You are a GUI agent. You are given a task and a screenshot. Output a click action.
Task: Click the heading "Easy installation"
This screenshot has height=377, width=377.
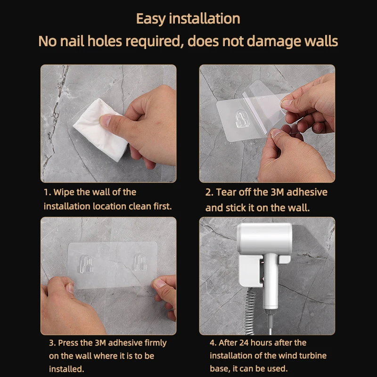coord(188,19)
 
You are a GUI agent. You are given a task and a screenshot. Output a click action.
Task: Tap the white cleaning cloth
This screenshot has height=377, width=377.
coord(100,130)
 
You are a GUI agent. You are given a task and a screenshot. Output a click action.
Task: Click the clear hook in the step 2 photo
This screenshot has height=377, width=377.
coord(241,118)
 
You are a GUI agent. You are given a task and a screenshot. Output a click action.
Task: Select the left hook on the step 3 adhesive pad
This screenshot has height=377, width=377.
coord(86,264)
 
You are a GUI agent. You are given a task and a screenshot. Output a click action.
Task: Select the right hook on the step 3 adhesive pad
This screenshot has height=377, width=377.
coord(140,262)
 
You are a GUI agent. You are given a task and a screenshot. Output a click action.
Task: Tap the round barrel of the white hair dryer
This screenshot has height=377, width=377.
coord(264,238)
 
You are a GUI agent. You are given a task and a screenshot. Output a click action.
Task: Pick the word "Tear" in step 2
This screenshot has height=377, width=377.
coord(227,192)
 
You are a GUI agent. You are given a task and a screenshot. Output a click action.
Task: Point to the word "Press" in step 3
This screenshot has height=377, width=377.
coord(68,343)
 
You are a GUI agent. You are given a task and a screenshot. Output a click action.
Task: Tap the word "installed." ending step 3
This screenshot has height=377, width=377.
coord(66,369)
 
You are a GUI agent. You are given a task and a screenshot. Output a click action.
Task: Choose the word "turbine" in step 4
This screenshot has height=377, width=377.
coord(312,356)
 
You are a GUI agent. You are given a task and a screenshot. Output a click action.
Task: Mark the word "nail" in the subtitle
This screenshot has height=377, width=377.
coord(72,41)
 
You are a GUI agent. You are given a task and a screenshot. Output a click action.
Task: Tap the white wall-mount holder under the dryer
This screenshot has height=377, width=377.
coord(255,270)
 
